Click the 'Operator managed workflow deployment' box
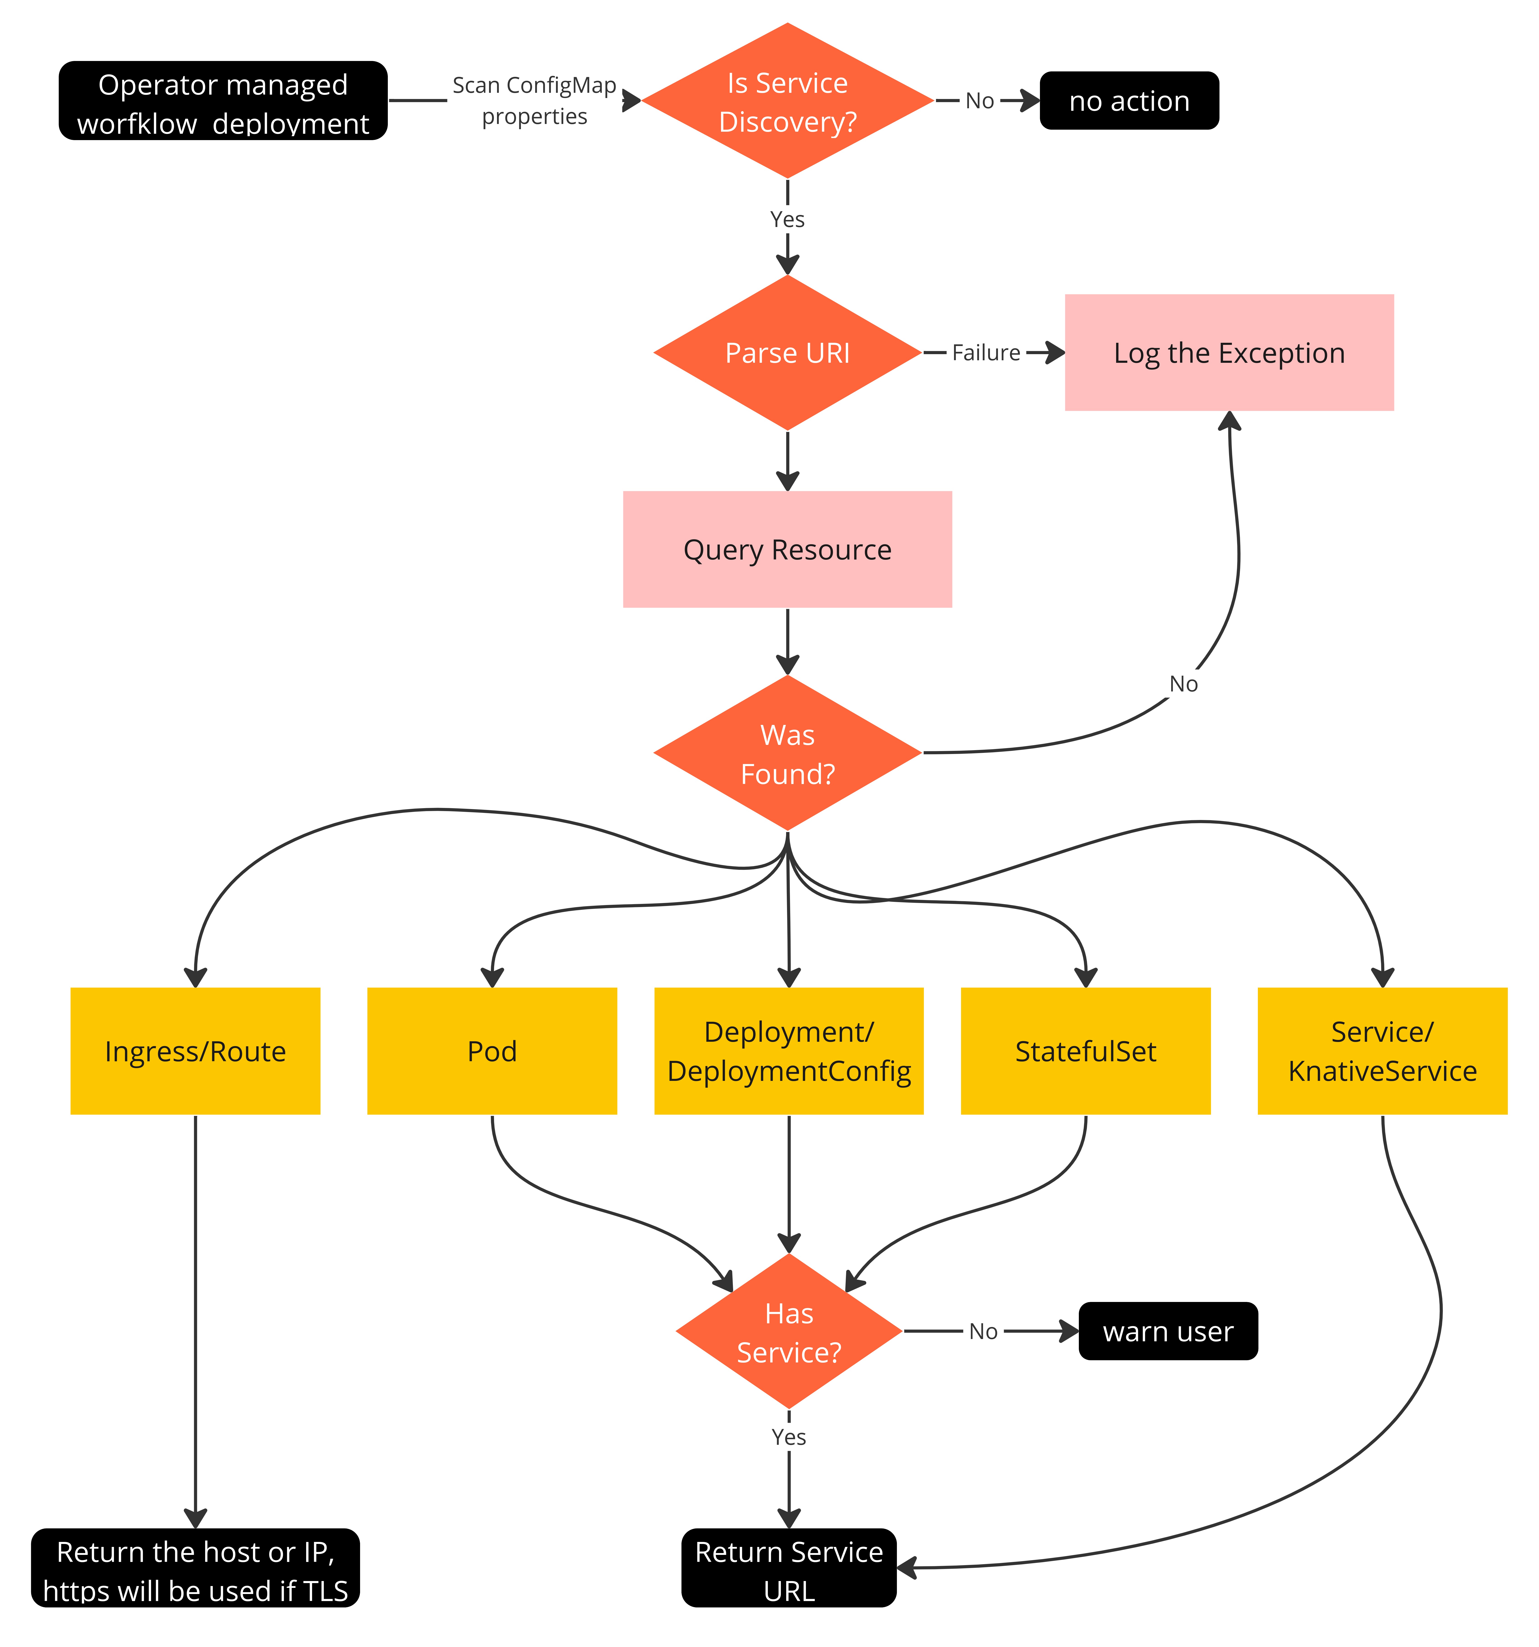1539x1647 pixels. pos(223,101)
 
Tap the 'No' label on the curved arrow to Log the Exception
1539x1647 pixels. pos(1183,684)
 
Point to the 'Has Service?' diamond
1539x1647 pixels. pos(789,1331)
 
